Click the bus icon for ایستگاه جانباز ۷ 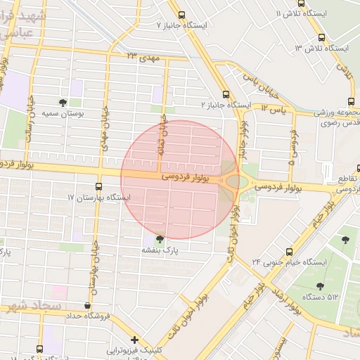point(182,15)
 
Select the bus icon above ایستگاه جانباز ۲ point(226,94)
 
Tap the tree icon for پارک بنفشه point(160,239)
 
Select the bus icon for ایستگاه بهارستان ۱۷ point(98,187)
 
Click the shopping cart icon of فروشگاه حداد point(87,306)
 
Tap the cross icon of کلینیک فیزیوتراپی point(134,340)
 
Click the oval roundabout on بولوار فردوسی point(237,182)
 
